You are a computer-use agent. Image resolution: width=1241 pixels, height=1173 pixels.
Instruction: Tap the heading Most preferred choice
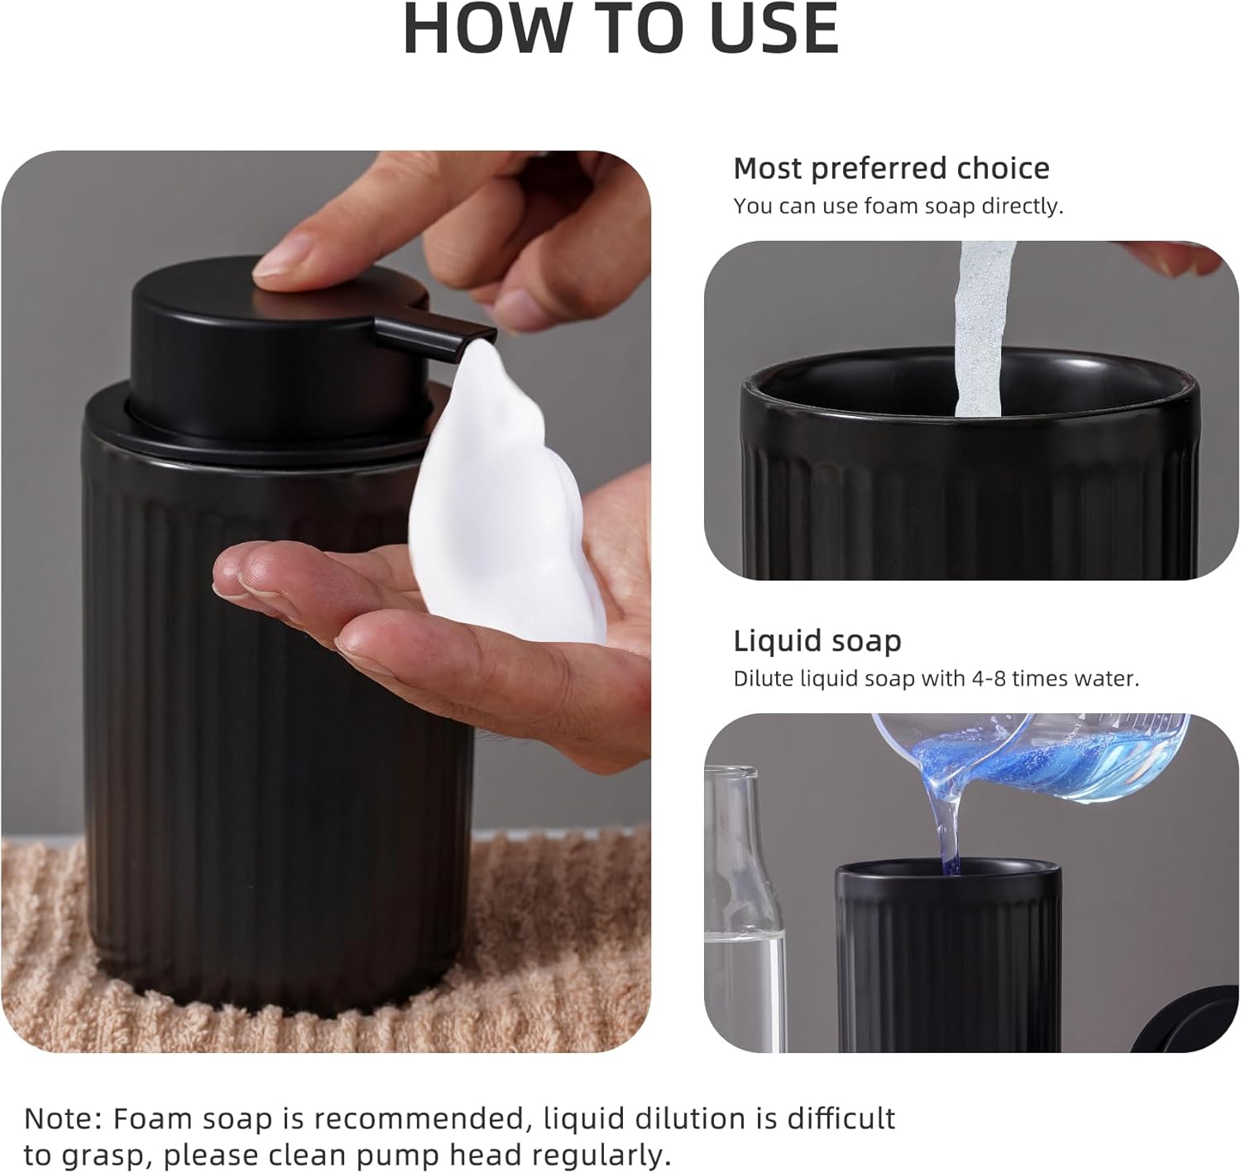click(891, 170)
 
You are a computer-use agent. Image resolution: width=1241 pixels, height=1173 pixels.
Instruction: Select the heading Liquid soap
click(817, 642)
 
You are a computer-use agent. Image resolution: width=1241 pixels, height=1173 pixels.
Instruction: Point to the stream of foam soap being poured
click(980, 328)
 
